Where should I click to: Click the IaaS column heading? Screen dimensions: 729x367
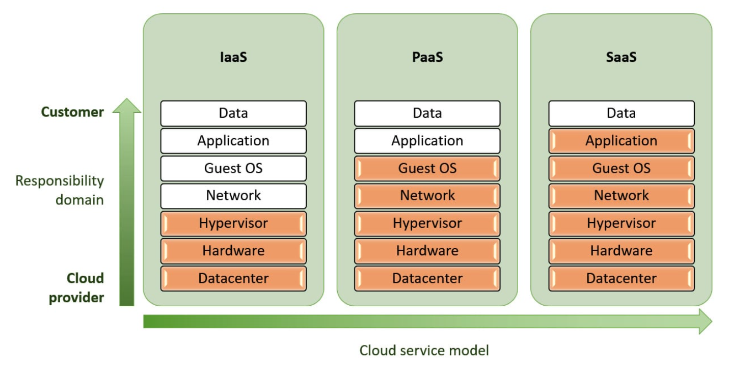[233, 57]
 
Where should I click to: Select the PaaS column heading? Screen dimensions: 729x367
[427, 57]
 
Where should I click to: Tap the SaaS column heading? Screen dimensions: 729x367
[621, 57]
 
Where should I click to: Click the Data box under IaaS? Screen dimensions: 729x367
[233, 113]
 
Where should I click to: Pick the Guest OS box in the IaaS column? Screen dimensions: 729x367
[233, 169]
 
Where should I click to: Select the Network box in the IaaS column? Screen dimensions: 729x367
[233, 196]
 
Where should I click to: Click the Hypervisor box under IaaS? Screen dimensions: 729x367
[233, 224]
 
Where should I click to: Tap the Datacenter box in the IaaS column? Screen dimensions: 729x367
[233, 279]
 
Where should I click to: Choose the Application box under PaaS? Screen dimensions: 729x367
[427, 141]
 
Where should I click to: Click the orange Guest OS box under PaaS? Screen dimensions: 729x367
[427, 169]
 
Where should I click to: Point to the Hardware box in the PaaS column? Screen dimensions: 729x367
[427, 251]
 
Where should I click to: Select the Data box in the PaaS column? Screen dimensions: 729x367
[427, 113]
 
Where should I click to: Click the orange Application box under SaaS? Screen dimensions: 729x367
[621, 141]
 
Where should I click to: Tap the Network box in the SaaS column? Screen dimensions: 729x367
[621, 196]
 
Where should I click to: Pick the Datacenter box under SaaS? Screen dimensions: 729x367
[621, 279]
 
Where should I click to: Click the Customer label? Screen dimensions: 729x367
[72, 112]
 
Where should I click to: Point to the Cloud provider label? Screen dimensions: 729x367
[77, 288]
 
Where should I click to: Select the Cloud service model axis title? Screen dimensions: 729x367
[424, 350]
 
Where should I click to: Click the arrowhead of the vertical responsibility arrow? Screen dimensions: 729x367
[127, 105]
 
